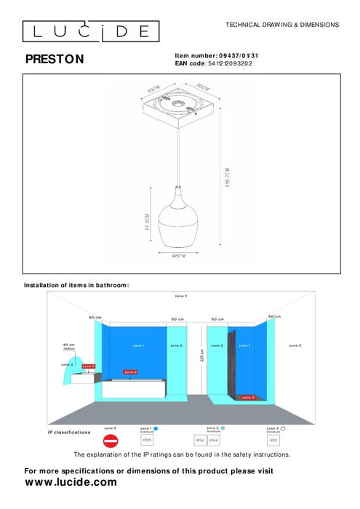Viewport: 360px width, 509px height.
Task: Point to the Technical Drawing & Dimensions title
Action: [x=282, y=25]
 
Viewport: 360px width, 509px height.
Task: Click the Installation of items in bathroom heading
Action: [x=76, y=285]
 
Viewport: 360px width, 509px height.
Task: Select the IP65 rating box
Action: [x=147, y=441]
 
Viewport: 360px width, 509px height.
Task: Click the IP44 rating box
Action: [x=213, y=441]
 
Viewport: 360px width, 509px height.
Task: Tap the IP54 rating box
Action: [x=200, y=441]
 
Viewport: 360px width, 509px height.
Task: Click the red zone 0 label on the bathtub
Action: [x=131, y=372]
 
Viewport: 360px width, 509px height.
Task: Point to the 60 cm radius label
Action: [x=69, y=347]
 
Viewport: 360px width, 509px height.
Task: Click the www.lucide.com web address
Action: [x=71, y=482]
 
